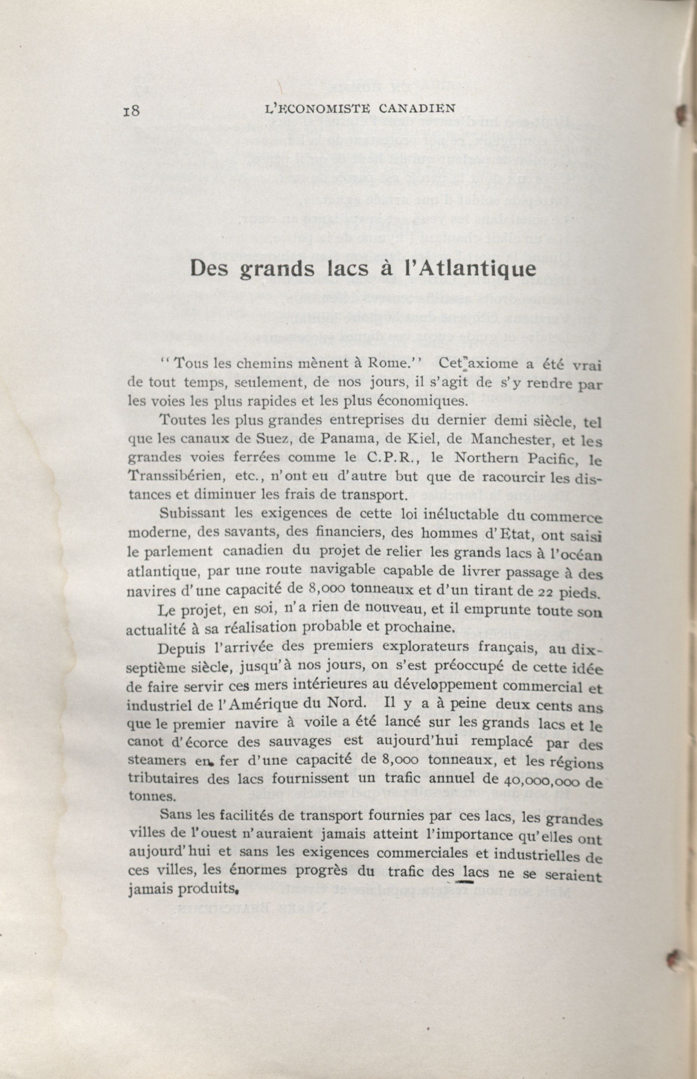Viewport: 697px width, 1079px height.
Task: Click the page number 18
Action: click(131, 111)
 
